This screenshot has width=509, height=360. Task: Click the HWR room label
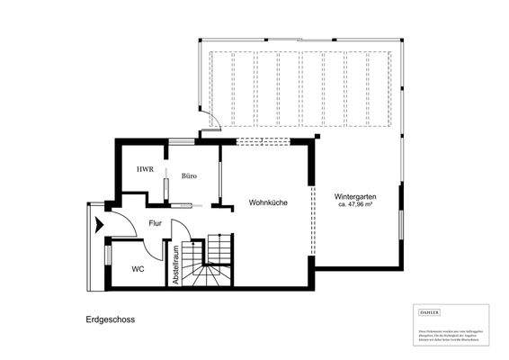coord(144,169)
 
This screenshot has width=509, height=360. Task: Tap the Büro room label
coord(189,176)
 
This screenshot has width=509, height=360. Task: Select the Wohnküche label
coord(268,203)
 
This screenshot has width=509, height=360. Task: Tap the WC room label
coord(138,269)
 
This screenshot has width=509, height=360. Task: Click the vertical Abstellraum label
coord(176,265)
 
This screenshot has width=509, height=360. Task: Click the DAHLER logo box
coord(430,311)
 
